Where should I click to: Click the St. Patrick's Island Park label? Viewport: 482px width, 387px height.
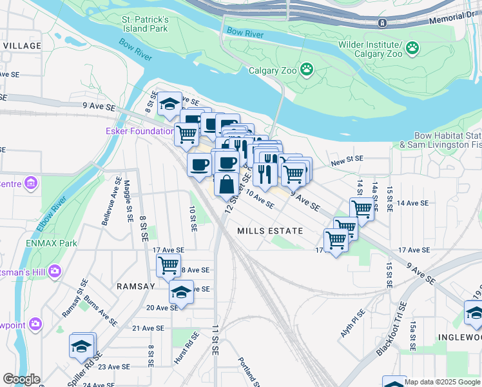146,25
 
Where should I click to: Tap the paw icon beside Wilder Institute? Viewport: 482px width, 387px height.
412,47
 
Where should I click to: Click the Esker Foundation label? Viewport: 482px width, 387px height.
139,131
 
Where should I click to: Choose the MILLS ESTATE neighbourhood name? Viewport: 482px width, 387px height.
270,230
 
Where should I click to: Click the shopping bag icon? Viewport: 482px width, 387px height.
226,184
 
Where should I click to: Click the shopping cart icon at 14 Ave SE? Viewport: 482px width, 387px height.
362,208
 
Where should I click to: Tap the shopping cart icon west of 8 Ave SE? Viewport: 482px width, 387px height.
168,264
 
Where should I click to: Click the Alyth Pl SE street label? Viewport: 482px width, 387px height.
353,325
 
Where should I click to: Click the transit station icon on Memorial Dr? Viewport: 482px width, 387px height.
382,23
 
